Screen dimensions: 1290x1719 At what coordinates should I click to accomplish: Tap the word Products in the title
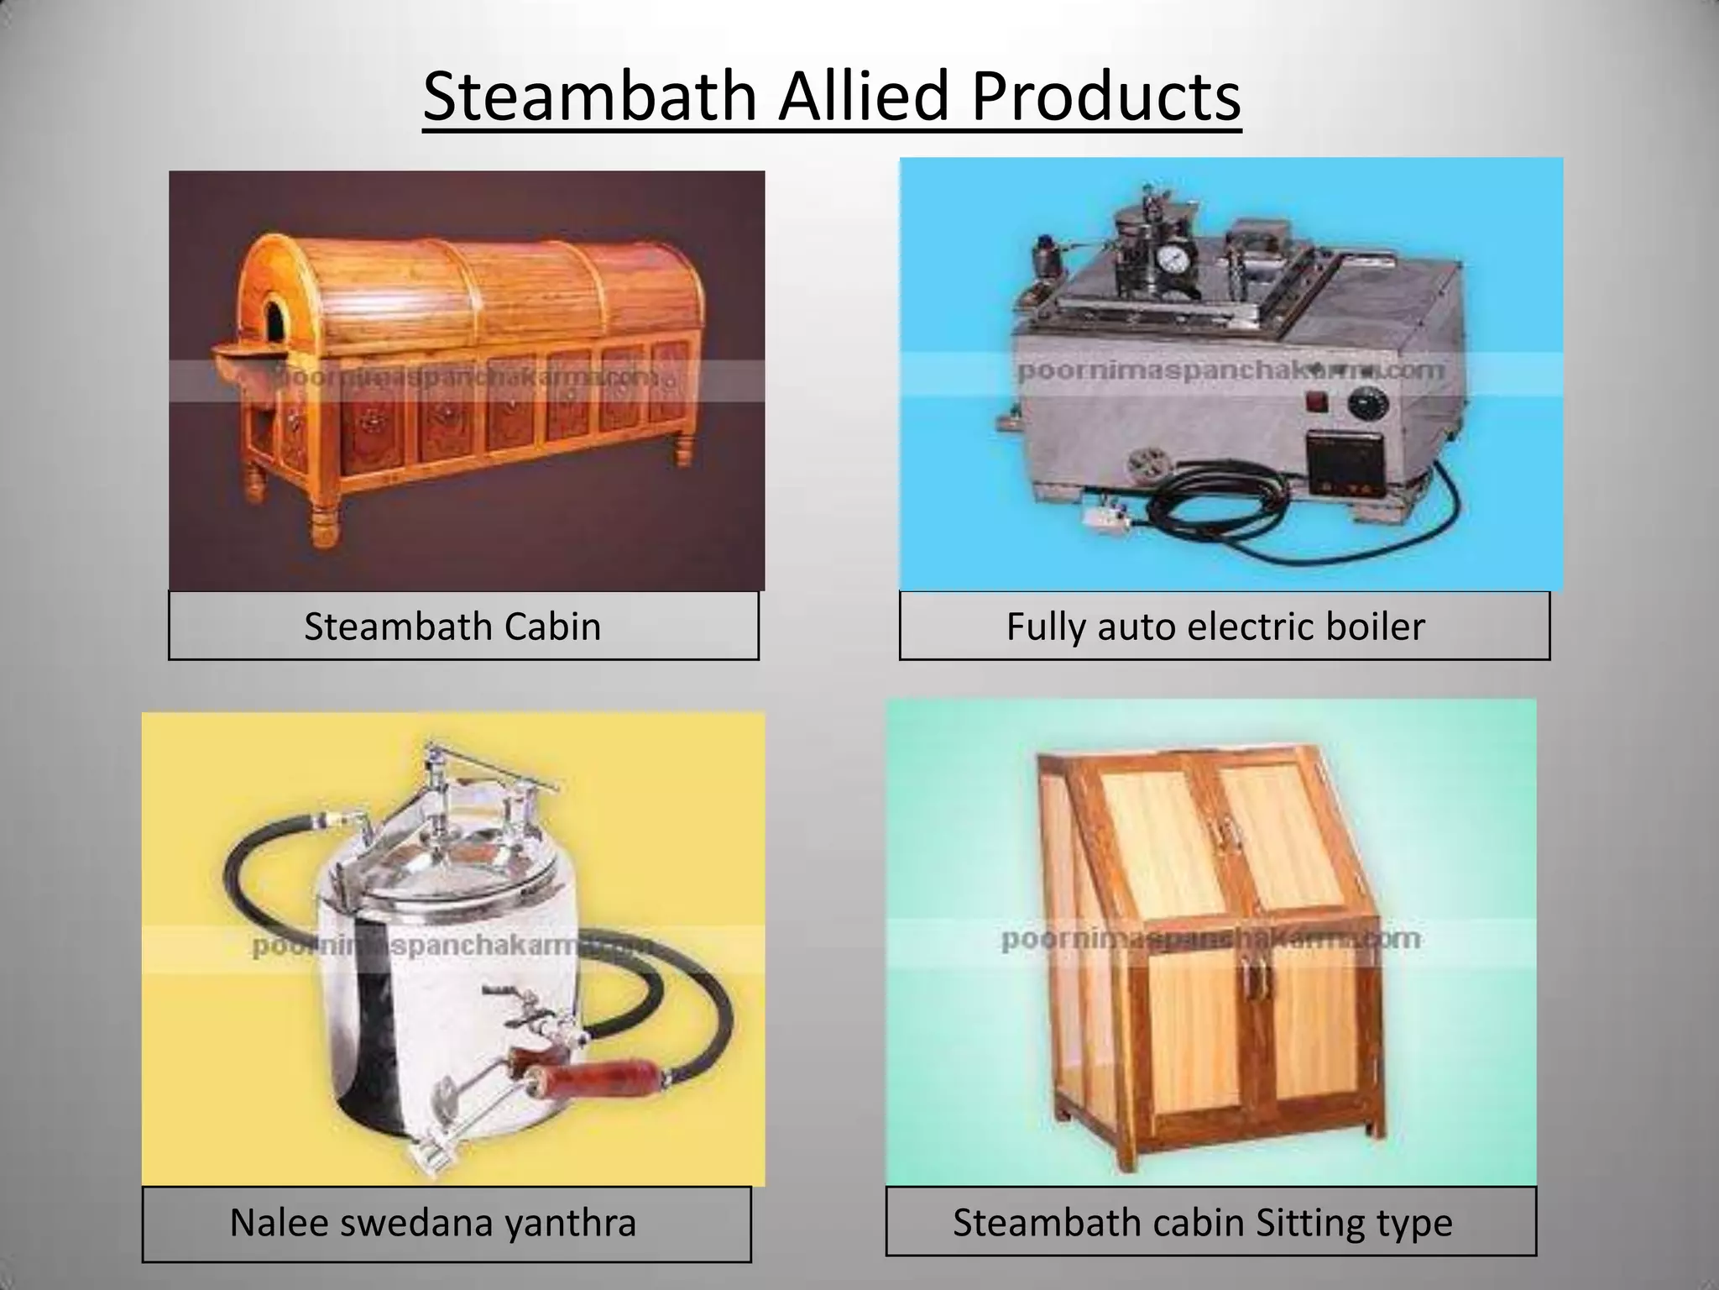pyautogui.click(x=1106, y=97)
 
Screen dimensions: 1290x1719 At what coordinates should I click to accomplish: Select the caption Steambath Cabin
pyautogui.click(x=452, y=627)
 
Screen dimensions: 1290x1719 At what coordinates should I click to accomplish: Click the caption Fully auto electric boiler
pyautogui.click(x=1215, y=627)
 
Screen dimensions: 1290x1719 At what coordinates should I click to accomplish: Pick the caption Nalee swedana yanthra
pyautogui.click(x=433, y=1222)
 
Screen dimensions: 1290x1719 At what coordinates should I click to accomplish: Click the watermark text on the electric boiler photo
pyautogui.click(x=1230, y=370)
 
